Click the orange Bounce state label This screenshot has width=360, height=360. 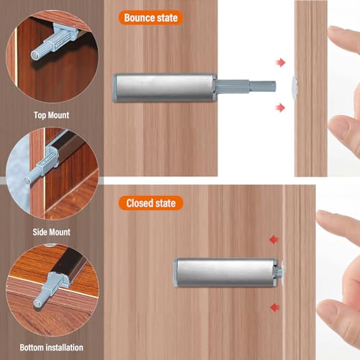(150, 17)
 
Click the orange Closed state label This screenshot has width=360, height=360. (150, 203)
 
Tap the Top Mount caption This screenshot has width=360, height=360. (52, 114)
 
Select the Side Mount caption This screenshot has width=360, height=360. (52, 232)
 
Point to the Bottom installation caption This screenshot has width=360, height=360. (52, 347)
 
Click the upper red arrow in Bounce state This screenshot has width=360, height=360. (281, 63)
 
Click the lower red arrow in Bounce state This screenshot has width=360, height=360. (281, 108)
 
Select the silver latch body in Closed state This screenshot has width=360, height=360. (226, 271)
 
